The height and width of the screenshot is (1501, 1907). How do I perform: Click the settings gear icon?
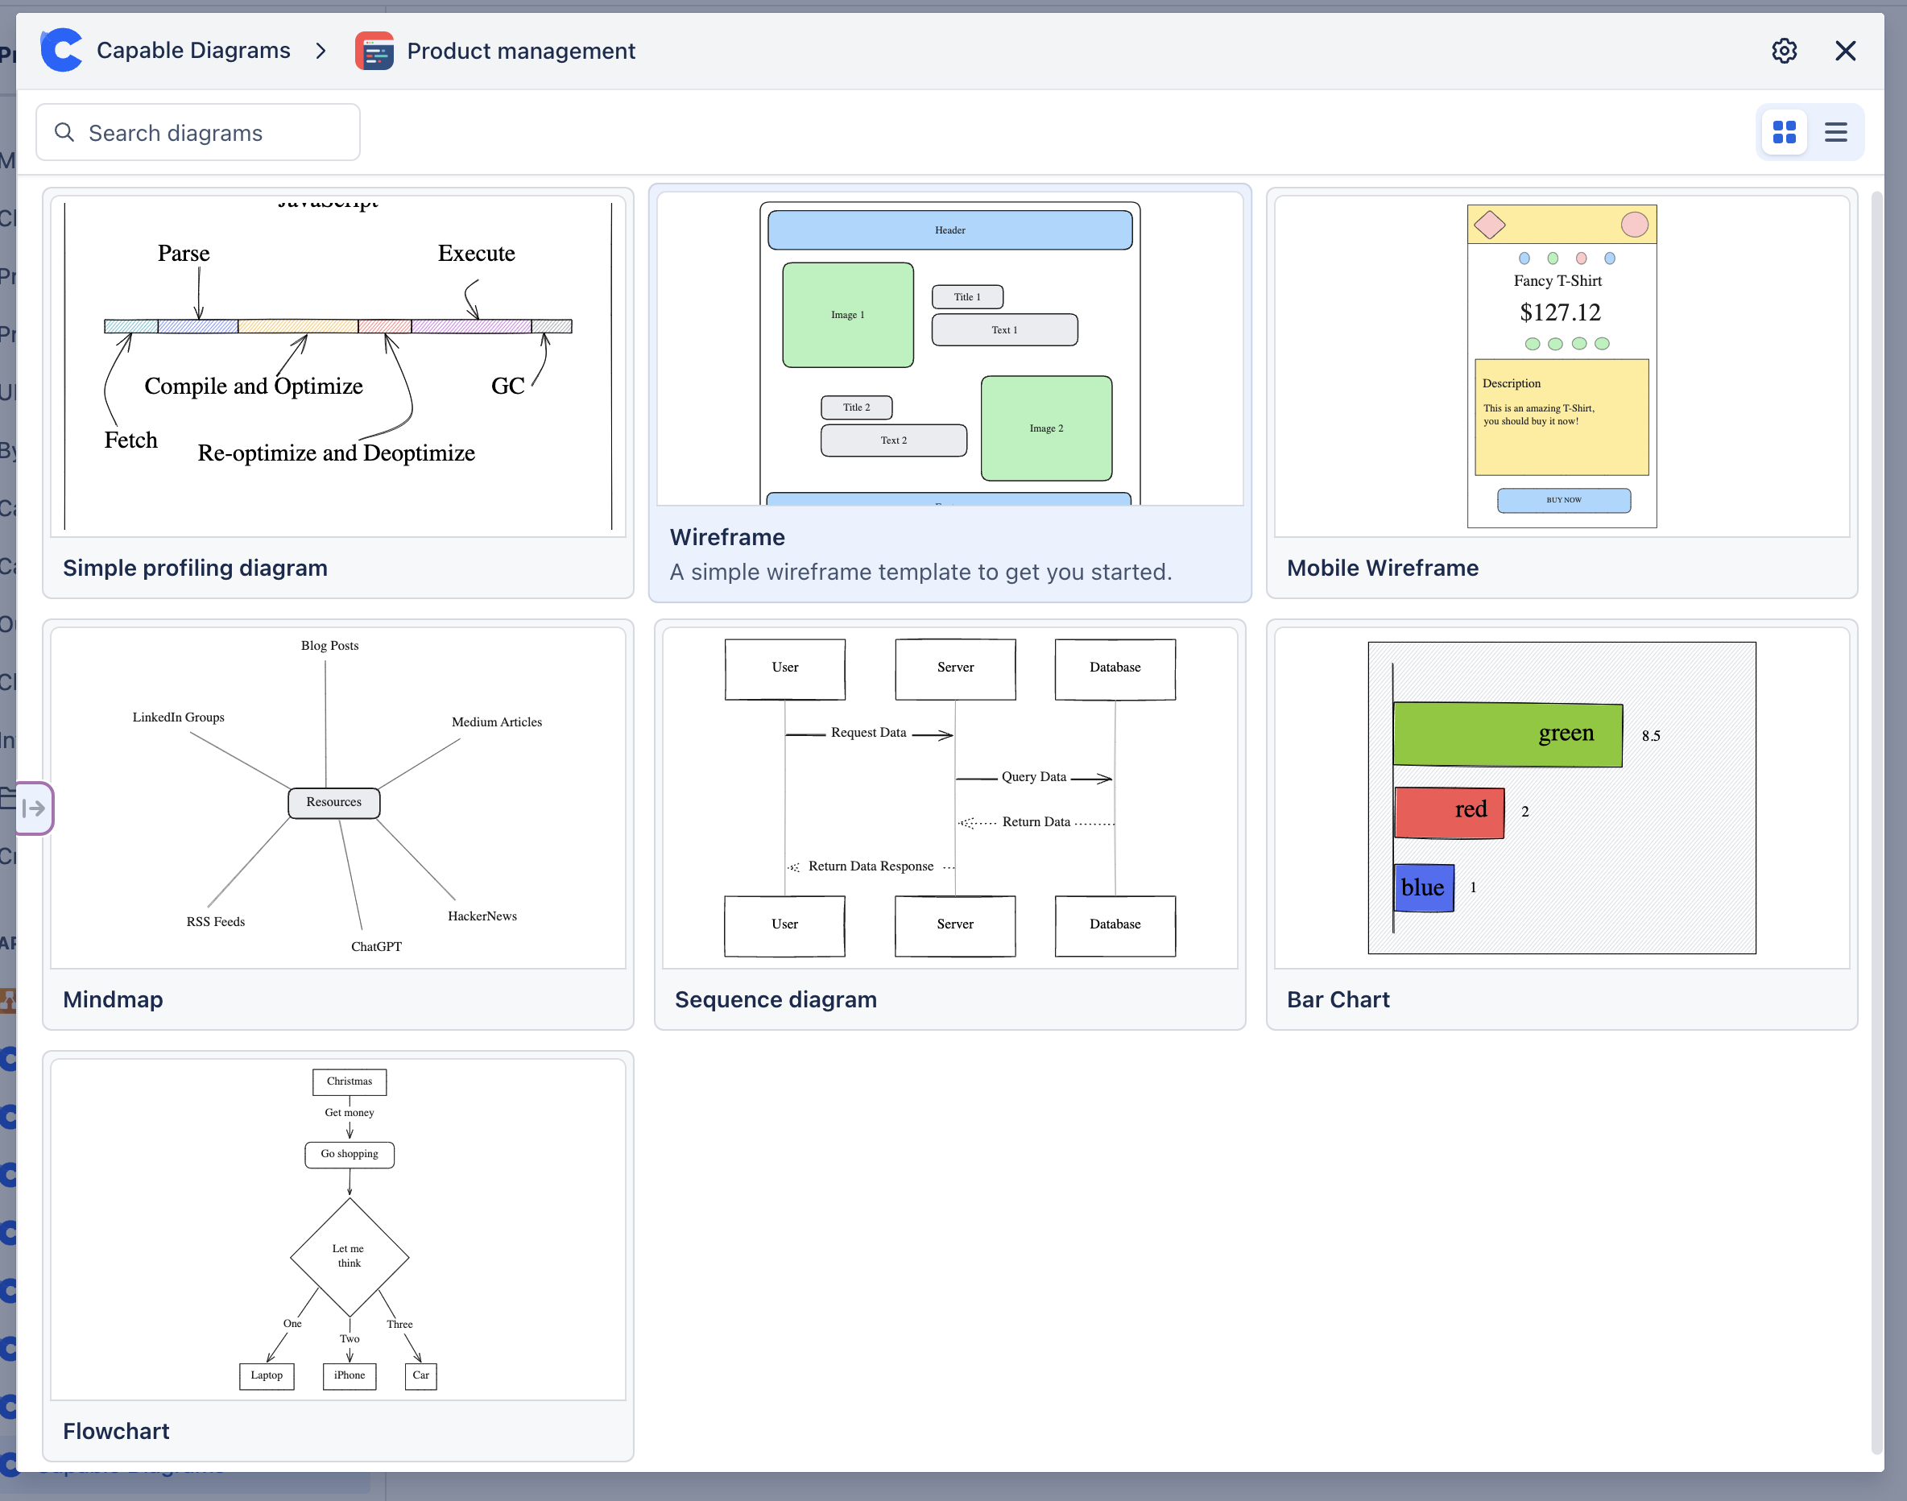[x=1783, y=51]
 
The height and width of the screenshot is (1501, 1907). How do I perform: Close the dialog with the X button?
[x=1845, y=51]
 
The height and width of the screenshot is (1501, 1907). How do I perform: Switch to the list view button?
[x=1835, y=133]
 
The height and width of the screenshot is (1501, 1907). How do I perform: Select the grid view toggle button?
[x=1784, y=133]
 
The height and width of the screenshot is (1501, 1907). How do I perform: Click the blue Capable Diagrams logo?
[x=61, y=50]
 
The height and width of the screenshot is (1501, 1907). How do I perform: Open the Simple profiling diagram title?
[x=195, y=568]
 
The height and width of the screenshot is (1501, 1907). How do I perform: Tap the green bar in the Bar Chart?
[x=1507, y=734]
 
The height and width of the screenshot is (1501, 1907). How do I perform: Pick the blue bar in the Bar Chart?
[x=1423, y=887]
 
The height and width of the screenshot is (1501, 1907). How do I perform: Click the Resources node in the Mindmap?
[x=334, y=802]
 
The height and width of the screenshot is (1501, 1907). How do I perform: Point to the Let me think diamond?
[x=349, y=1256]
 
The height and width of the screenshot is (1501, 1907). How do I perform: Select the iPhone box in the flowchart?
[x=349, y=1375]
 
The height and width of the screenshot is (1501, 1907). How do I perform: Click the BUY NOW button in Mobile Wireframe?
[x=1563, y=500]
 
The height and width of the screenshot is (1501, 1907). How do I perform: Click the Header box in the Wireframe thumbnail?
[x=949, y=230]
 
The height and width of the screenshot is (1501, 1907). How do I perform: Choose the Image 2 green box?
[x=1046, y=428]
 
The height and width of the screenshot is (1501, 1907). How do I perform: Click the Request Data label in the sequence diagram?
[x=868, y=733]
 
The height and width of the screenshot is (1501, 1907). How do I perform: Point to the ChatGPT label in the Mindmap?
[x=376, y=946]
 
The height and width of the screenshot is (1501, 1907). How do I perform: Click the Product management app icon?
[x=374, y=51]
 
